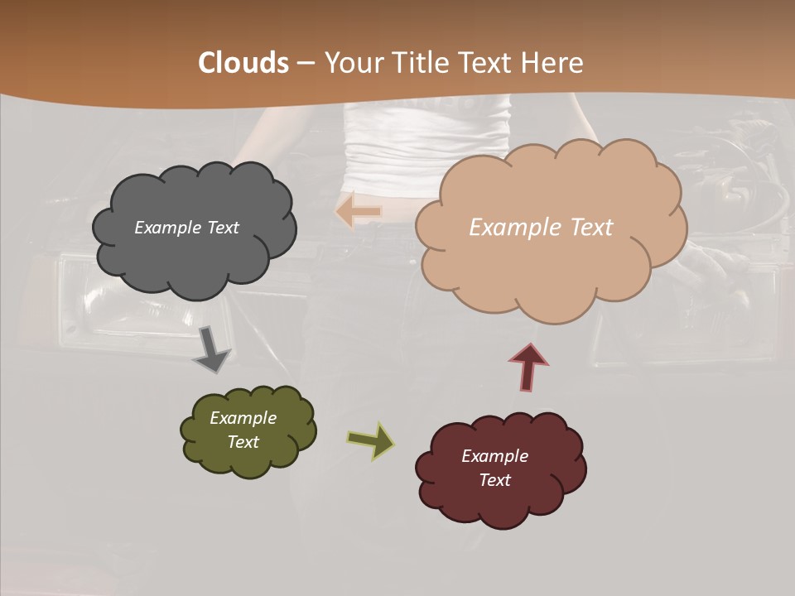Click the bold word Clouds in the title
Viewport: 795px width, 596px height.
click(243, 62)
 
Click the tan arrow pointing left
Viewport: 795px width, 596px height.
click(359, 211)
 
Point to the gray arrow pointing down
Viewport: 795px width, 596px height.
click(211, 348)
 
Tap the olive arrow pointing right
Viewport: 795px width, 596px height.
click(370, 441)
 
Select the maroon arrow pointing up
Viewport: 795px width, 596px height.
click(528, 367)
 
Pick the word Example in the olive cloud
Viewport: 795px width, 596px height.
click(243, 418)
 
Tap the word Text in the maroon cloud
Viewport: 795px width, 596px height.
click(494, 480)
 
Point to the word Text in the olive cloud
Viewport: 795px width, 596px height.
click(243, 442)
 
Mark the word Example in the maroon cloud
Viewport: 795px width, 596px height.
click(494, 456)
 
